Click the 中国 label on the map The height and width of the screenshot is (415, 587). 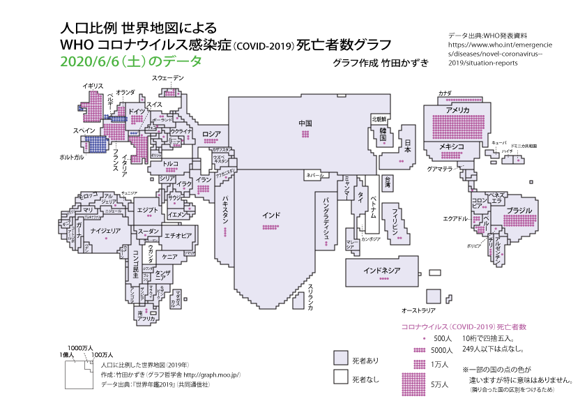click(305, 123)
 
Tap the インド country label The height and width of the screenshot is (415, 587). click(272, 215)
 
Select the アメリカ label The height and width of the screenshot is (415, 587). click(457, 110)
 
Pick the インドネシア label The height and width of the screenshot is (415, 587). click(381, 270)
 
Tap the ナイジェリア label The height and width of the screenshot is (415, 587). click(107, 230)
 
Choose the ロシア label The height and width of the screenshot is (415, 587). click(211, 133)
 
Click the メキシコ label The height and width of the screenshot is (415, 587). click(452, 147)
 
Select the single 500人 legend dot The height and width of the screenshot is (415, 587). click(424, 338)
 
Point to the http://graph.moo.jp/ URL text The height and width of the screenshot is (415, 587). click(210, 375)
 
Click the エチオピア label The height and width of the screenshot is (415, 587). click(178, 236)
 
